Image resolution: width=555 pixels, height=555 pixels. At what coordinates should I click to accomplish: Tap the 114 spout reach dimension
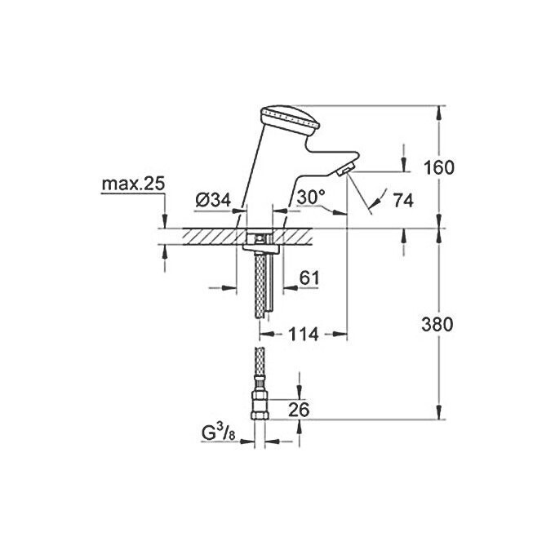tap(303, 335)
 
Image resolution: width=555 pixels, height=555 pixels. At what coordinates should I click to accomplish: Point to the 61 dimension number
tap(309, 278)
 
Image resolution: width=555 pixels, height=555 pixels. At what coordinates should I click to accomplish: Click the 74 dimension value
tap(402, 199)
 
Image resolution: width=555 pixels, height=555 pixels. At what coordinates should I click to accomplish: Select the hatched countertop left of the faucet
tap(200, 236)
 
